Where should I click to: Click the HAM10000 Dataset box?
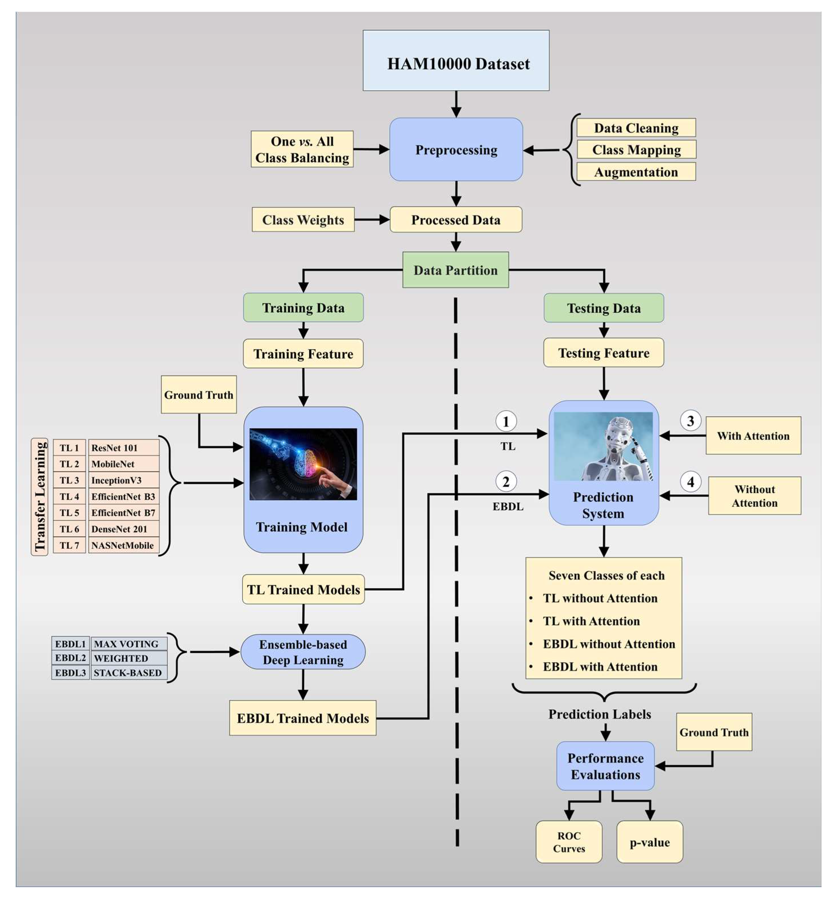[x=456, y=61]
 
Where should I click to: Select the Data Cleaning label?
[x=636, y=128]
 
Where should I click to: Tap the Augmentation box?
[x=636, y=172]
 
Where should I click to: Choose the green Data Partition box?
[x=455, y=270]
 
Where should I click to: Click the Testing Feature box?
[x=604, y=353]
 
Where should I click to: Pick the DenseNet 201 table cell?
[x=124, y=529]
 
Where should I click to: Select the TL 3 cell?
[x=69, y=480]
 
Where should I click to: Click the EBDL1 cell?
[x=70, y=644]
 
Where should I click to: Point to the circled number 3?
[x=690, y=421]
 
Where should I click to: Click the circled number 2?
[x=506, y=482]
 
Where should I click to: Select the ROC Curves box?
[x=569, y=842]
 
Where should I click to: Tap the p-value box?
[x=650, y=842]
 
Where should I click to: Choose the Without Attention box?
[x=754, y=496]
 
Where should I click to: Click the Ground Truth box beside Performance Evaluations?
[x=714, y=732]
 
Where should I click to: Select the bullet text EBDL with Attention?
[x=600, y=667]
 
